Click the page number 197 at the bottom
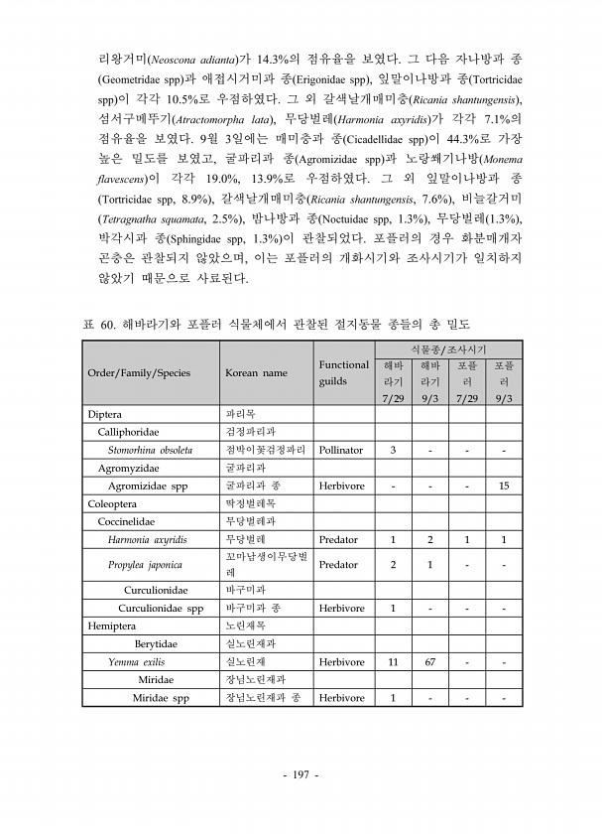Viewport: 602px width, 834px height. point(301,774)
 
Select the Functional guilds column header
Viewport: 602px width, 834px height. point(343,373)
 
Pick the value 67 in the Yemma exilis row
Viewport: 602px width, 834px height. point(430,661)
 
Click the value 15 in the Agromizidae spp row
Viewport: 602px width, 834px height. point(504,486)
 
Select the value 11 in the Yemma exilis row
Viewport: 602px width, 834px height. point(393,661)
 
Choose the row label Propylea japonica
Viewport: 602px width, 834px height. point(145,565)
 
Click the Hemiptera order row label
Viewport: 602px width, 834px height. point(113,625)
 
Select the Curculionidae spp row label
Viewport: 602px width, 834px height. point(161,608)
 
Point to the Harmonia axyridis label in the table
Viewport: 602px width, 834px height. point(148,539)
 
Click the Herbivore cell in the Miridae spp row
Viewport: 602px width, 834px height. point(341,697)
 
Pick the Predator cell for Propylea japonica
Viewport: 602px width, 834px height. point(338,565)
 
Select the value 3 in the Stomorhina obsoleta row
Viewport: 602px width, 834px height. point(393,450)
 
